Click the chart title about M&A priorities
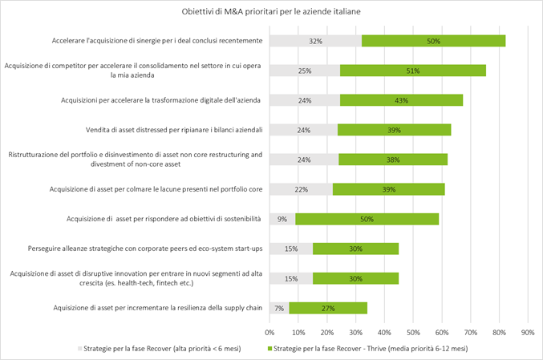pos(271,13)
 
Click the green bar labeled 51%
pos(413,71)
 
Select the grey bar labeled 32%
pos(315,41)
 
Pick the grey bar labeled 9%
pos(282,219)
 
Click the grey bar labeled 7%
pos(279,308)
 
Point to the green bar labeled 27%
pos(328,308)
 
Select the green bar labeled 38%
pos(393,159)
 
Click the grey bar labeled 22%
pos(301,189)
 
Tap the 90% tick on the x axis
pos(528,330)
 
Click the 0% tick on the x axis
pos(269,330)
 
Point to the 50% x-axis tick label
pos(413,330)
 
